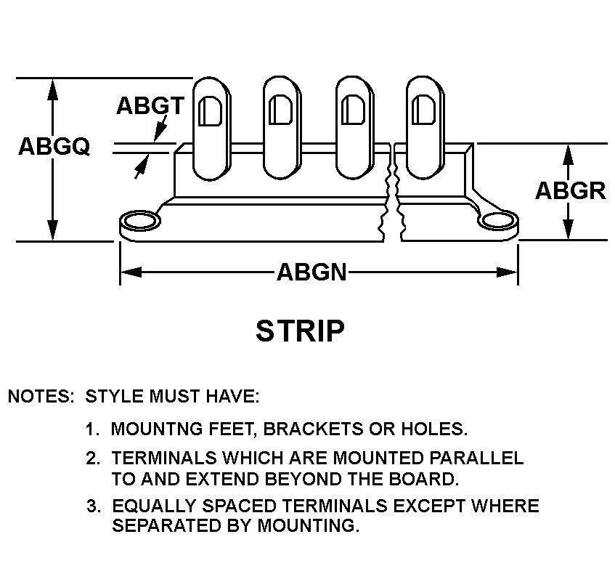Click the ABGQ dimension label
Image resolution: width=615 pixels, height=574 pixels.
tap(54, 147)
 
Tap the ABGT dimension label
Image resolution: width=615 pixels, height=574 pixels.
tap(150, 105)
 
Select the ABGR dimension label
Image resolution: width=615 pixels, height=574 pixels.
tap(570, 190)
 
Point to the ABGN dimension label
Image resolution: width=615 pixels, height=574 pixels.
tap(311, 272)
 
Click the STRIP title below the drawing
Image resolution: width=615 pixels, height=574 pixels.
tap(300, 331)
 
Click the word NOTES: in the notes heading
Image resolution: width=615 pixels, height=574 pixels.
tap(41, 397)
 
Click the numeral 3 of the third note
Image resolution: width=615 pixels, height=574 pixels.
tap(91, 506)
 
